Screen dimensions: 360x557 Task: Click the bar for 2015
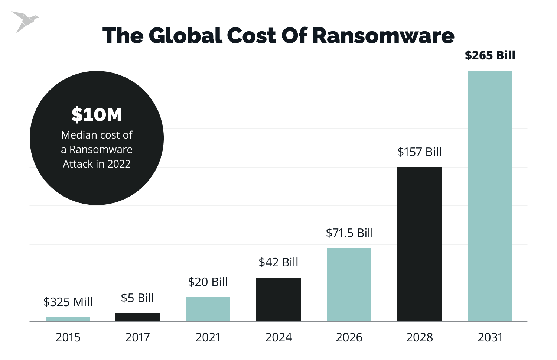pyautogui.click(x=68, y=319)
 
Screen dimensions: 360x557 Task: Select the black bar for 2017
pyautogui.click(x=137, y=317)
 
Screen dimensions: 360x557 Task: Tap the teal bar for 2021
pyautogui.click(x=208, y=309)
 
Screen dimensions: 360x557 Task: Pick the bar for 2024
pyautogui.click(x=278, y=299)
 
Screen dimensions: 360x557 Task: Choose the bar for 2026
pyautogui.click(x=349, y=285)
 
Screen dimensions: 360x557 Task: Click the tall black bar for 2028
pyautogui.click(x=420, y=244)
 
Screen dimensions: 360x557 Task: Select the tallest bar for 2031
pyautogui.click(x=490, y=196)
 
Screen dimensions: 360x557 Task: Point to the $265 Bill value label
pyautogui.click(x=490, y=55)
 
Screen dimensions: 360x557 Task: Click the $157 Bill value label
pyautogui.click(x=420, y=152)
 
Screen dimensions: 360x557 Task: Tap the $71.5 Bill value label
pyautogui.click(x=349, y=233)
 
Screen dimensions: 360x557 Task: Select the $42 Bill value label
pyautogui.click(x=278, y=262)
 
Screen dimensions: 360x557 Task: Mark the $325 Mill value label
pyautogui.click(x=68, y=302)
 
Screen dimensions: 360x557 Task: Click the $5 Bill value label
pyautogui.click(x=137, y=298)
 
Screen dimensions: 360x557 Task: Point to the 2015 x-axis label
pyautogui.click(x=68, y=337)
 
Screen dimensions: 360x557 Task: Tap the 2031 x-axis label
pyautogui.click(x=490, y=337)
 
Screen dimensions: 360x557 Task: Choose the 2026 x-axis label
pyautogui.click(x=349, y=337)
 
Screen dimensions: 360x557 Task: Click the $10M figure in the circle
pyautogui.click(x=97, y=114)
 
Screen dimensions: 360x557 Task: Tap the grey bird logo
pyautogui.click(x=25, y=21)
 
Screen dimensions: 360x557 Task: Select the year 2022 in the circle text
pyautogui.click(x=119, y=164)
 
